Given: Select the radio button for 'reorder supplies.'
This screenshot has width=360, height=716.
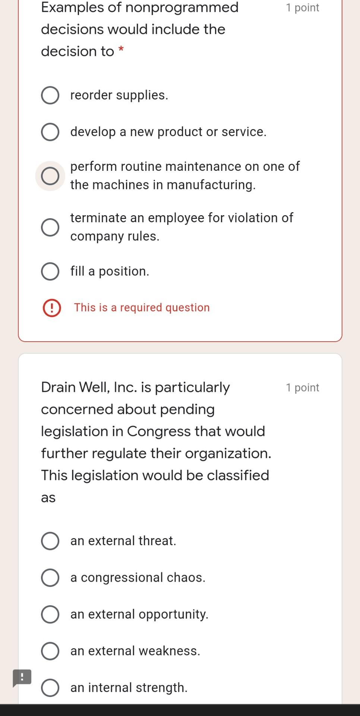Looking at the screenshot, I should click(50, 95).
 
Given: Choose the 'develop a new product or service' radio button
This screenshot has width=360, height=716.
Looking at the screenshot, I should click(50, 132).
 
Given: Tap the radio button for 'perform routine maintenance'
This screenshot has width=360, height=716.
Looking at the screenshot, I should click(50, 176).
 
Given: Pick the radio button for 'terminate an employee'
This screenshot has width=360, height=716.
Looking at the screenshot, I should click(50, 227).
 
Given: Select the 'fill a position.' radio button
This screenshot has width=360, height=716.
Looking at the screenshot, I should click(50, 271).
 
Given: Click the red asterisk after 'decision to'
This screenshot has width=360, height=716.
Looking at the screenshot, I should click(121, 50).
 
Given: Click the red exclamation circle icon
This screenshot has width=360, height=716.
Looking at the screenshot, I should click(52, 308).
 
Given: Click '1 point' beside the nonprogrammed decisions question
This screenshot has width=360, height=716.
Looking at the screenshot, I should click(302, 8).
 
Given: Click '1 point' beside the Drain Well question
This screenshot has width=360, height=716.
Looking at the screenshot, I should click(302, 388).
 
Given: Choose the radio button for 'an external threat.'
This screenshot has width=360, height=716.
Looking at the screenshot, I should click(50, 541).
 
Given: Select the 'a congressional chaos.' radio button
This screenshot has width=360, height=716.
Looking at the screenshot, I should click(50, 578).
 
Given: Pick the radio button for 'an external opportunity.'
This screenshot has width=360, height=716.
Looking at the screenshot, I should click(50, 615).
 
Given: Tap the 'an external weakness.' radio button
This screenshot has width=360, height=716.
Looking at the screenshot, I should click(50, 651).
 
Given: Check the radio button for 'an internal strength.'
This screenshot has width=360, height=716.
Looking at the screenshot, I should click(50, 688).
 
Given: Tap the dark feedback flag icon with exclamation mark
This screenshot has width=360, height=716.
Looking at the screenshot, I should click(22, 677).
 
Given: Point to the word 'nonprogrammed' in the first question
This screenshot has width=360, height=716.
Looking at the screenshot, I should click(182, 7).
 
